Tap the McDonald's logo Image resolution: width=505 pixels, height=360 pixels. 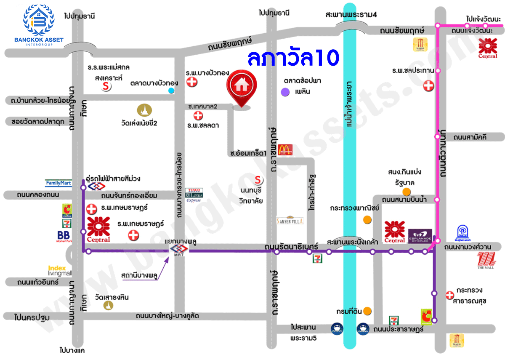[x=285, y=149]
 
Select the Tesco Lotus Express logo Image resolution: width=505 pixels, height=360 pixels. [x=194, y=195]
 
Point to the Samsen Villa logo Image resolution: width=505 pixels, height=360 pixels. [x=290, y=220]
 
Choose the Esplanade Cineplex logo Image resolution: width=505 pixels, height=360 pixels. [x=420, y=236]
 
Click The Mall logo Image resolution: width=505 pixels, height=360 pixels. [x=486, y=260]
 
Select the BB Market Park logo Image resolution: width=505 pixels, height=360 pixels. [x=64, y=237]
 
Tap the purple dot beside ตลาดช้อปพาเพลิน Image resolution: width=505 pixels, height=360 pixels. [x=285, y=91]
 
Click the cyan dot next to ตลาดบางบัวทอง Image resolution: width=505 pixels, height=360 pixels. [x=171, y=91]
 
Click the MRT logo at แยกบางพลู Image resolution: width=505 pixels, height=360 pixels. [x=179, y=249]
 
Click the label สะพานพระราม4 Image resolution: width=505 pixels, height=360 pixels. [x=351, y=15]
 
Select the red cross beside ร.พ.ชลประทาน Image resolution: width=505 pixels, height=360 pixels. [x=429, y=86]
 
